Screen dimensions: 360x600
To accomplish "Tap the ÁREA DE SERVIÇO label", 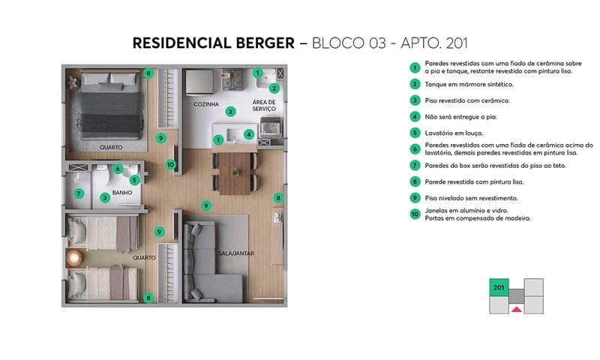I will point(264,105).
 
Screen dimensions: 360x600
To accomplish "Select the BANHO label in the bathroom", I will point(122,191).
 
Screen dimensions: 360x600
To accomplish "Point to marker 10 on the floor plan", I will point(170,164).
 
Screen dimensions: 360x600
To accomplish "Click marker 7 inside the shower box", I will point(78,193).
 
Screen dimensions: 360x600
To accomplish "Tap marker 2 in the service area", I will point(274,88).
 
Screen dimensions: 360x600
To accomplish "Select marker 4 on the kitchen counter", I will point(248,134).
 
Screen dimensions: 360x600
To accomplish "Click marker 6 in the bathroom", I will point(118,169).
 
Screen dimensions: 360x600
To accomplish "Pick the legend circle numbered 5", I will point(414,133).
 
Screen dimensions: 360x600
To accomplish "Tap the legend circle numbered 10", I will point(414,214).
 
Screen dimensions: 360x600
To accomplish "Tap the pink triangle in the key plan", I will point(515,308).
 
